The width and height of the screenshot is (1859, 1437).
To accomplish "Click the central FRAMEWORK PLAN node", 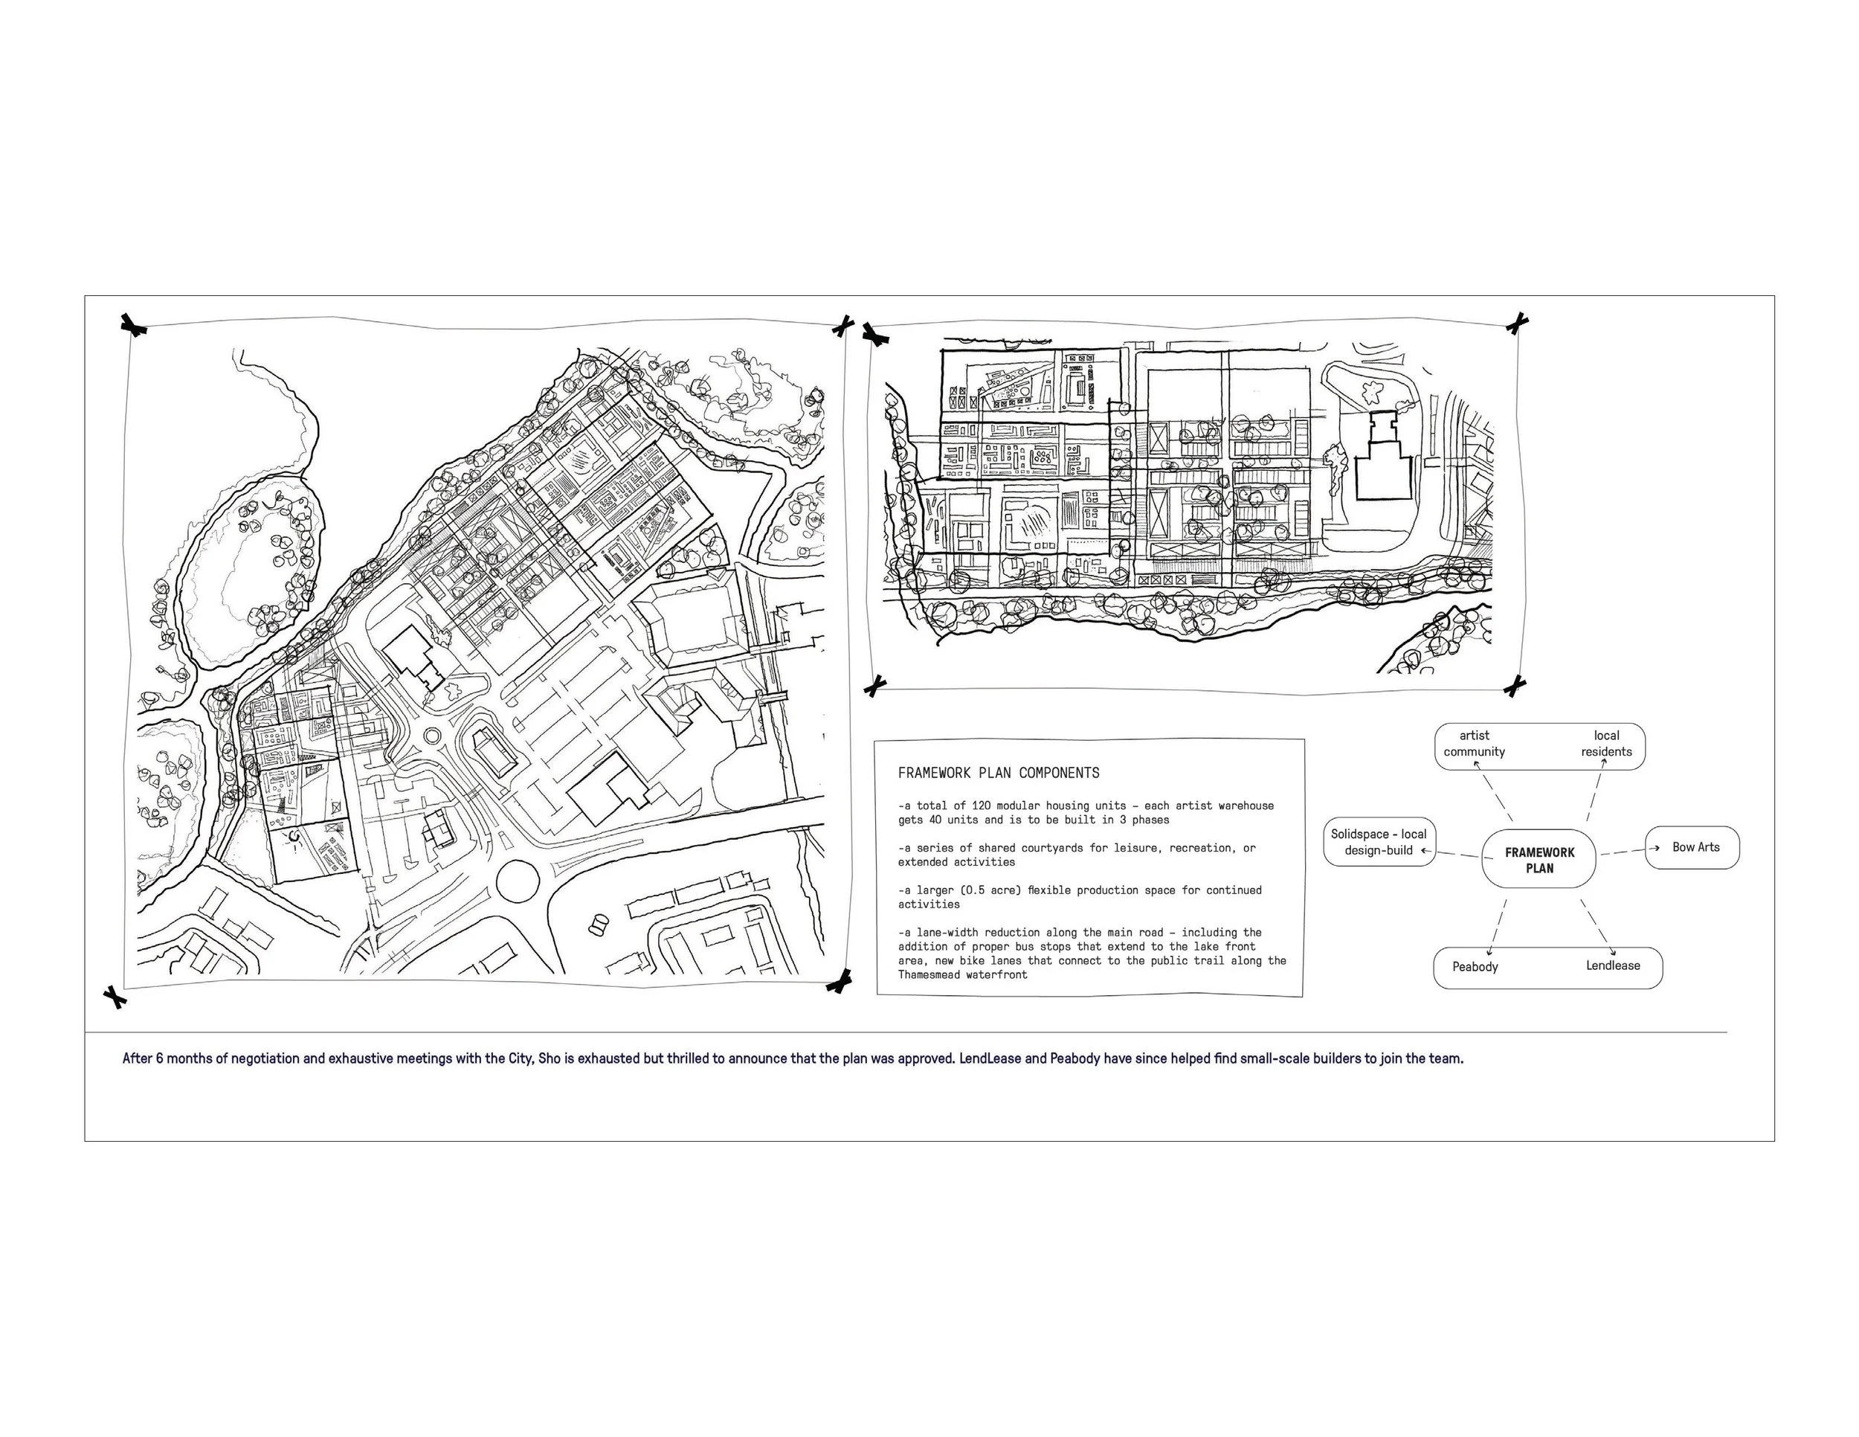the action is click(1539, 860).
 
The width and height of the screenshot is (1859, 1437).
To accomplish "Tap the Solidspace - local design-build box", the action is click(1379, 842).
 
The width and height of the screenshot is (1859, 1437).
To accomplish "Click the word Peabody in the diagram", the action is click(1475, 966).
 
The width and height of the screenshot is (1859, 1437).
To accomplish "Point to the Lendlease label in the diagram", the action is click(1612, 965).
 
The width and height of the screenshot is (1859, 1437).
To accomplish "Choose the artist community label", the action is click(1475, 743).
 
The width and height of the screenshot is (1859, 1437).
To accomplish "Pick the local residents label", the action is click(1606, 743).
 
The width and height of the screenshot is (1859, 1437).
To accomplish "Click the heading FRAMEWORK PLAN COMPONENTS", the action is click(999, 773).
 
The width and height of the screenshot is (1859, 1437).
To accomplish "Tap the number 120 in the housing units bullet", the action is click(981, 806).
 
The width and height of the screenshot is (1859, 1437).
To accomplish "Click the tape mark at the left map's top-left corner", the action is click(133, 325).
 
